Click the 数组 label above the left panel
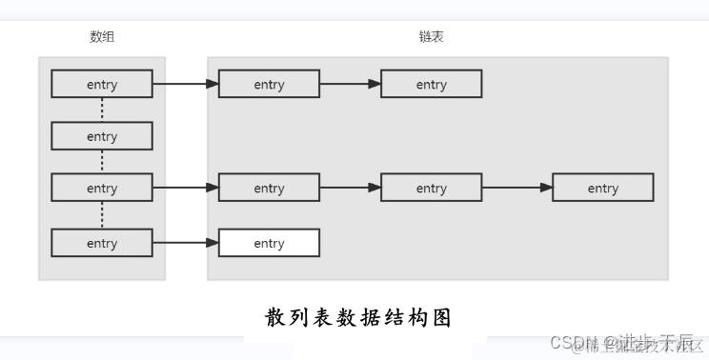point(102,37)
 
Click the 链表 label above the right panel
point(431,37)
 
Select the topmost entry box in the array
point(102,84)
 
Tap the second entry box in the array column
point(102,136)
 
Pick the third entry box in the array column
point(102,188)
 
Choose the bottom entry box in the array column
point(102,243)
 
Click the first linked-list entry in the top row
point(269,84)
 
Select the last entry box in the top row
point(431,84)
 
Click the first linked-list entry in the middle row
point(269,188)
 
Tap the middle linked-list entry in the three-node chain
point(431,188)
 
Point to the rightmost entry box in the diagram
point(602,188)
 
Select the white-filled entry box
point(269,243)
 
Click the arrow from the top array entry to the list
point(185,84)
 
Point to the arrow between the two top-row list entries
point(350,84)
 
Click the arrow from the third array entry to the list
point(185,188)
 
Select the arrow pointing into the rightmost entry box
point(517,188)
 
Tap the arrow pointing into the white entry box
point(185,243)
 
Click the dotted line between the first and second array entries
point(102,110)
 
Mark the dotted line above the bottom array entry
point(102,215)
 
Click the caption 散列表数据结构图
point(357,317)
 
